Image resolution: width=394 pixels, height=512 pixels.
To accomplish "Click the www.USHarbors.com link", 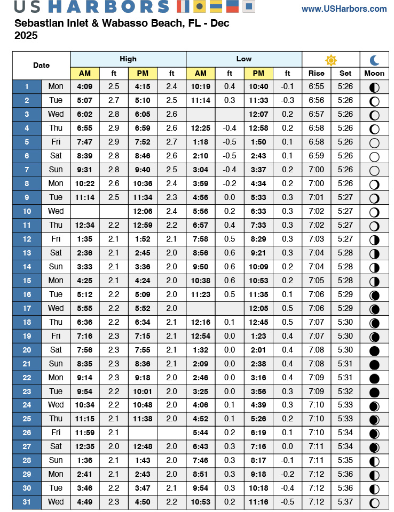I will [x=344, y=9].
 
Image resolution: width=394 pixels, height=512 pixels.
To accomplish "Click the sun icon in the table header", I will [x=331, y=60].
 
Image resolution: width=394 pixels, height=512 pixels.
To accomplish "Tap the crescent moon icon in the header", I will [x=374, y=60].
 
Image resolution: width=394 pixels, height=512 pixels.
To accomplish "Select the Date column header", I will [x=41, y=66].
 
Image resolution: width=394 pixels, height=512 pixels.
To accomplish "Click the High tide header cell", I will [x=128, y=59].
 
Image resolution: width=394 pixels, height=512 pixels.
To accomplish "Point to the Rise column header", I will [x=316, y=73].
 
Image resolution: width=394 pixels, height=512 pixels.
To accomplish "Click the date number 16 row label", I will [x=27, y=294].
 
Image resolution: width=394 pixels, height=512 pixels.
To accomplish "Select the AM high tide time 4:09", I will [x=84, y=86].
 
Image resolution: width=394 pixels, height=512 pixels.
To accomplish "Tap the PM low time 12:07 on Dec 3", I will [x=258, y=114].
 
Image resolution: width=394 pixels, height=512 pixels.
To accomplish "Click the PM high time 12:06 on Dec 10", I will [x=143, y=211].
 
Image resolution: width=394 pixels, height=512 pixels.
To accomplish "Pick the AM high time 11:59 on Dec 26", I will [x=84, y=433].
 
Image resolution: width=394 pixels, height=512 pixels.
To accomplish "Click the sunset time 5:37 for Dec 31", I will [x=345, y=502].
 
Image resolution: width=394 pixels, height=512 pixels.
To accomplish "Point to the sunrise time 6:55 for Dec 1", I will [x=316, y=86].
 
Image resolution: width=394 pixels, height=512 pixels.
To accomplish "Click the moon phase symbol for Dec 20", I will [x=374, y=350].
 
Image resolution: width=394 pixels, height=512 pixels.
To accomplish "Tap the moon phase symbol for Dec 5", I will [x=374, y=142].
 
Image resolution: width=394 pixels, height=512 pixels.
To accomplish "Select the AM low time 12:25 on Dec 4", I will [x=200, y=128].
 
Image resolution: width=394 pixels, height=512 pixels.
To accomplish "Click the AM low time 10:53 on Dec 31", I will [x=200, y=502].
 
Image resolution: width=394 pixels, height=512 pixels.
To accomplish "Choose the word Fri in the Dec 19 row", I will [x=56, y=336].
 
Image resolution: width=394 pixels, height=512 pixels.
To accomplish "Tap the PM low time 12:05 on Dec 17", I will [x=258, y=308].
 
